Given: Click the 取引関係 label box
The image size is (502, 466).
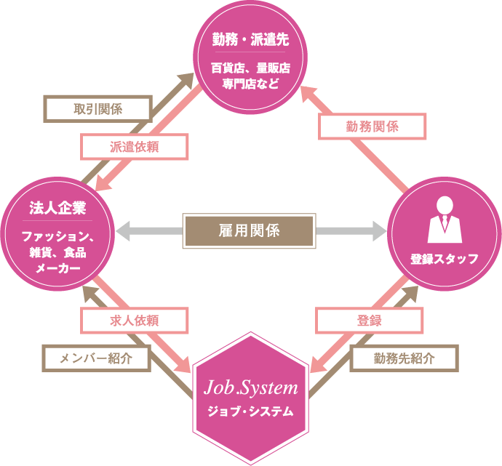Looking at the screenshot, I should coord(98,109).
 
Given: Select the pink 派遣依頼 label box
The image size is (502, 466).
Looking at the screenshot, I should coord(135,146).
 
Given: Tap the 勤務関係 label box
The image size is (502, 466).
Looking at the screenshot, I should coord(372,126).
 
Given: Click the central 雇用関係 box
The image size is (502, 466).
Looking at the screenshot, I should coord(249,231).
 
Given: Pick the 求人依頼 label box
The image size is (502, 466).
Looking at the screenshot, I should coord(135,319).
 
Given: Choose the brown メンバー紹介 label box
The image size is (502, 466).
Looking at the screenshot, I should coord(95,357).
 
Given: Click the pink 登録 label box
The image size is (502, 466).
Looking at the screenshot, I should coord(369,319).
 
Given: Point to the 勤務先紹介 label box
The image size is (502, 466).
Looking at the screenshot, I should coord(405,358).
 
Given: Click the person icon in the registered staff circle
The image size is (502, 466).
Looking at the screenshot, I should coord(445,220).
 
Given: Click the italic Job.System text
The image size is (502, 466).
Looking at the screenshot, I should coord(250,385).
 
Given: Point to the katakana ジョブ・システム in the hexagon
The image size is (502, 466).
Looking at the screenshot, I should coord(250,411).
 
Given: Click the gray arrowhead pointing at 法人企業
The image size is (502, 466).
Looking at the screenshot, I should coord(125,231).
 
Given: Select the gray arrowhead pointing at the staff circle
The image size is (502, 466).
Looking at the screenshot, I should coord(378,231).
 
